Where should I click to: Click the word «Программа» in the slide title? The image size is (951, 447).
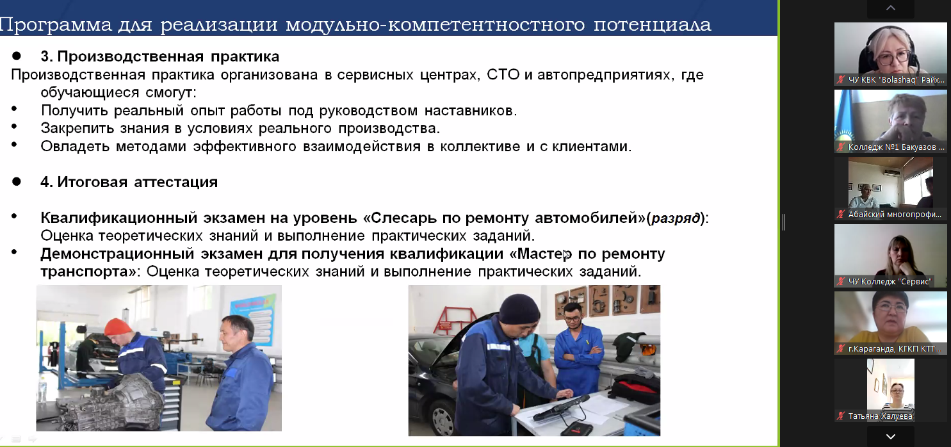coord(56,24)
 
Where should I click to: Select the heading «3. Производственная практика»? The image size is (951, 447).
coord(159,56)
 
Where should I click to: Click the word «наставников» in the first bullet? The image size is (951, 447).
coord(471,110)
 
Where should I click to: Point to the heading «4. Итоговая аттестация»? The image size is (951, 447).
coord(129,182)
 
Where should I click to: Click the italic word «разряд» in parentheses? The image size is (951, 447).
coord(676,218)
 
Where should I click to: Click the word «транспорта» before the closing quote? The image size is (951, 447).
coord(88,272)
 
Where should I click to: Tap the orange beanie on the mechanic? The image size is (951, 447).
coord(118,327)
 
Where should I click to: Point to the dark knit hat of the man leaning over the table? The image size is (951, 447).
coord(519,308)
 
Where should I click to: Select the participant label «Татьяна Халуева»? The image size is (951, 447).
coord(880,416)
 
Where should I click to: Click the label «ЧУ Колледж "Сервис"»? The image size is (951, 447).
coord(890,281)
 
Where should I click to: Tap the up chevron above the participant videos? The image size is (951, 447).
coord(891,8)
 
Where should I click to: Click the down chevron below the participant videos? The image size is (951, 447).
coord(891,436)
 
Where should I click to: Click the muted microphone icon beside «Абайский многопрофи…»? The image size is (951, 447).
coord(841,214)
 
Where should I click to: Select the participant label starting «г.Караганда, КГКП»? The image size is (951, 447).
coord(894,349)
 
